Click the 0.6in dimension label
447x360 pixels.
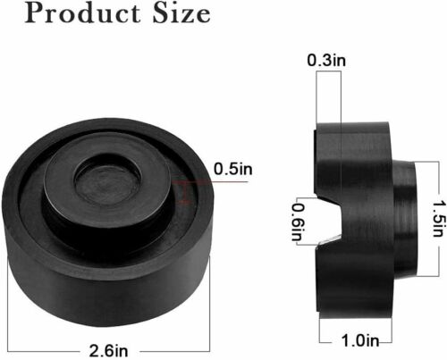point(302,221)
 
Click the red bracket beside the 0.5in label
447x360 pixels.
point(183,189)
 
